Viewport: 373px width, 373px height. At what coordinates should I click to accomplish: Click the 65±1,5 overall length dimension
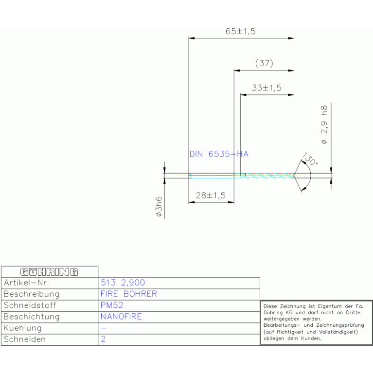tap(241, 31)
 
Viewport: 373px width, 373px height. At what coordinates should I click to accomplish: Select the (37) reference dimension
tap(264, 63)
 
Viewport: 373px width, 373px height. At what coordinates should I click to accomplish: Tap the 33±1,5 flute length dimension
tap(266, 88)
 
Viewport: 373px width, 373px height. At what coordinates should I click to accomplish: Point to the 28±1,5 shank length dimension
tap(211, 195)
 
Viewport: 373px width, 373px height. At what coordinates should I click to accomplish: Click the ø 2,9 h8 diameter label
tap(324, 124)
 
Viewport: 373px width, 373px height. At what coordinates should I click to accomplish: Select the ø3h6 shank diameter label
tap(159, 207)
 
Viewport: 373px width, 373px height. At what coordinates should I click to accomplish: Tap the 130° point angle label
tap(310, 159)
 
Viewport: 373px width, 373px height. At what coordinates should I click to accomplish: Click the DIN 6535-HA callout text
tap(219, 154)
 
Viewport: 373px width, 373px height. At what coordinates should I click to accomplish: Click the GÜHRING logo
tap(49, 272)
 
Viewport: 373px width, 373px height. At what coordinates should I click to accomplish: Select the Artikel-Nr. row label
tap(26, 283)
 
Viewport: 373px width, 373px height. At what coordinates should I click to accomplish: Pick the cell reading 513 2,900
tap(123, 283)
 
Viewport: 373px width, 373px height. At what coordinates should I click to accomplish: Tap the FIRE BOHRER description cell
tap(129, 294)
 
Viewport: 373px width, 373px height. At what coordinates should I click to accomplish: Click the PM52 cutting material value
tap(112, 305)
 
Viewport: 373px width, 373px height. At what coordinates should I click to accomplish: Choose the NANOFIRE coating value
tap(121, 317)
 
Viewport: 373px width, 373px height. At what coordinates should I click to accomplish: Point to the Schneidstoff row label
tap(30, 305)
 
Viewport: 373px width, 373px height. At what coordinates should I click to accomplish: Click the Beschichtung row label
tap(32, 317)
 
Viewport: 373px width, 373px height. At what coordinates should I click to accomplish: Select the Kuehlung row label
tap(22, 328)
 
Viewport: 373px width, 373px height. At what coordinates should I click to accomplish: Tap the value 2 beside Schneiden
tap(103, 339)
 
